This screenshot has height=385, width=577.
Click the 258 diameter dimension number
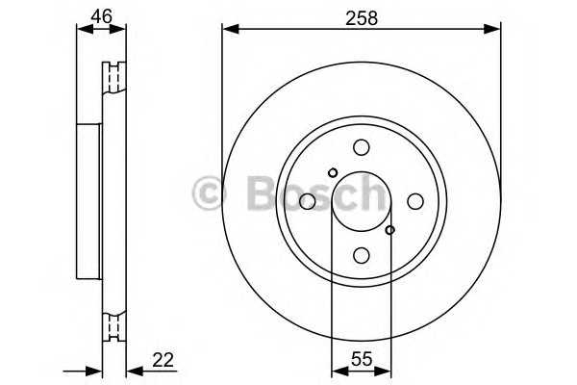(x=361, y=16)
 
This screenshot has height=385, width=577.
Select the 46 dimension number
(x=101, y=15)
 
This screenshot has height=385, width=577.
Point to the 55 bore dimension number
(x=361, y=360)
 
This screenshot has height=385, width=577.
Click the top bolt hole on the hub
(x=361, y=147)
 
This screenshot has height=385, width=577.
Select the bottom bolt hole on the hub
(x=361, y=255)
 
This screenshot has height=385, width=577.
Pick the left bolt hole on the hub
(x=307, y=201)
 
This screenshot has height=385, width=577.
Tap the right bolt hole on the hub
(x=414, y=201)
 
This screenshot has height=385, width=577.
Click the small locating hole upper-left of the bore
(x=333, y=173)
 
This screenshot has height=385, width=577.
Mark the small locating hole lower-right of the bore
(x=389, y=230)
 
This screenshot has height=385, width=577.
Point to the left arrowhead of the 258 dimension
(x=228, y=29)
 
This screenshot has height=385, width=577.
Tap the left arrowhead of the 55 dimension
(x=337, y=370)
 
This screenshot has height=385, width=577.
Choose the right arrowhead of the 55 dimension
(x=385, y=370)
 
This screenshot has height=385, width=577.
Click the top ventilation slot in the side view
(x=115, y=77)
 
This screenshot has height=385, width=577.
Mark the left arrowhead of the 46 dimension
(x=81, y=29)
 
